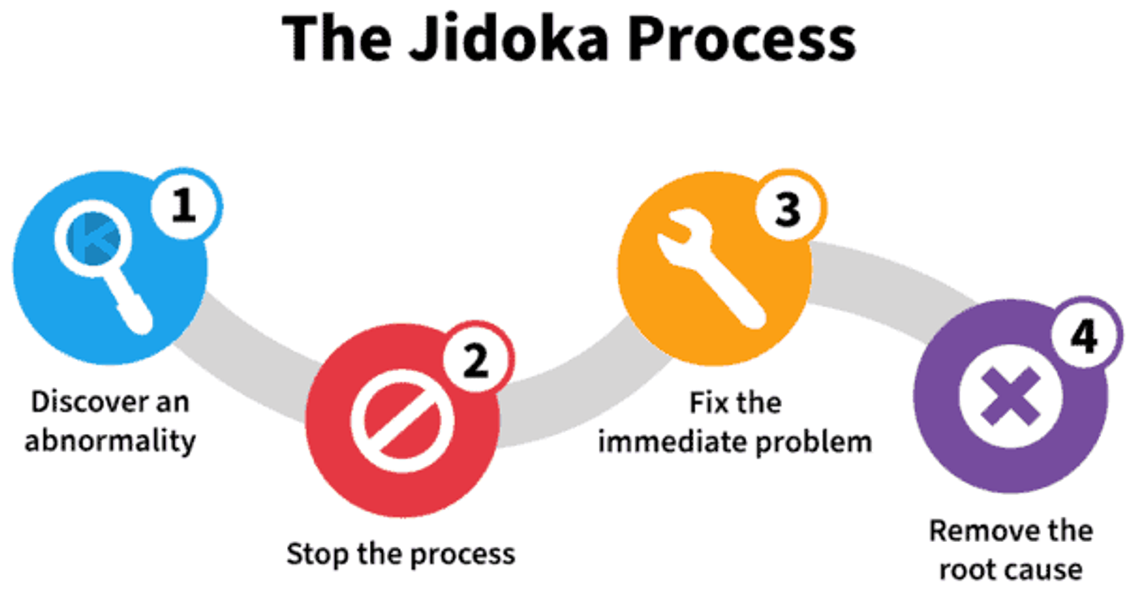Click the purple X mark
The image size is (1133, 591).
pos(1011,396)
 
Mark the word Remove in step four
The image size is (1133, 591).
pos(980,531)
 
